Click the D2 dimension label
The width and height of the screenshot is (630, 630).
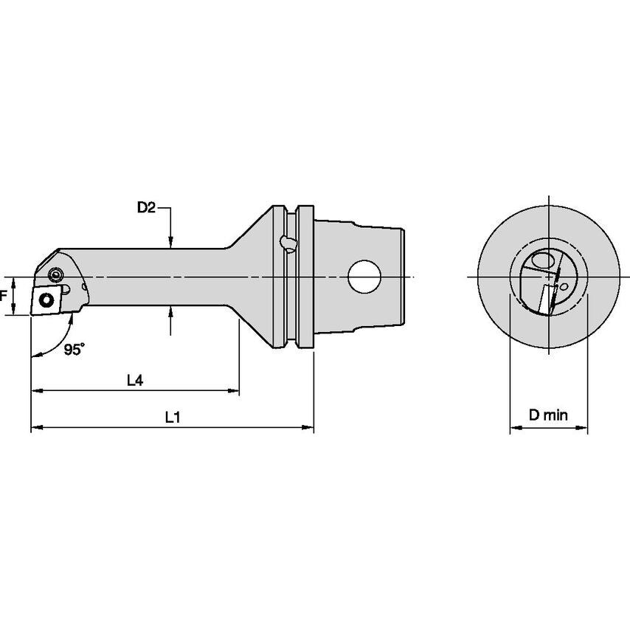click(x=145, y=209)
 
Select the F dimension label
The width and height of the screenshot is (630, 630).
click(x=4, y=297)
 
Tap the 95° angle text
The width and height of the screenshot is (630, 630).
click(x=74, y=351)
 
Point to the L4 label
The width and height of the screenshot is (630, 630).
click(x=134, y=381)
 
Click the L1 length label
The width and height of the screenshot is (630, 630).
click(x=173, y=417)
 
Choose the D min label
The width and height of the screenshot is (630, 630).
click(x=548, y=415)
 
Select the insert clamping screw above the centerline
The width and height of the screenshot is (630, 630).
click(x=55, y=275)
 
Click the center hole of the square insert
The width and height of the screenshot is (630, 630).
click(x=46, y=300)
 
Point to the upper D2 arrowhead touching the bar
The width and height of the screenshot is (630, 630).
click(x=170, y=242)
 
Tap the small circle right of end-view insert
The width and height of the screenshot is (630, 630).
click(x=564, y=285)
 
